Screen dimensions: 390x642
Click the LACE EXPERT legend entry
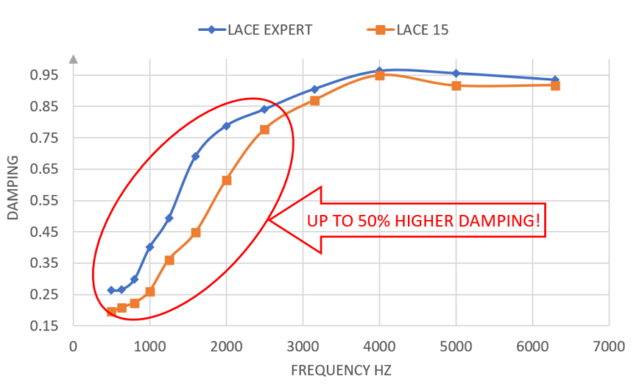coord(256,29)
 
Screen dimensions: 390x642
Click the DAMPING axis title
coord(13,187)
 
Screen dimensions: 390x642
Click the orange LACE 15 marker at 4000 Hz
coord(380,76)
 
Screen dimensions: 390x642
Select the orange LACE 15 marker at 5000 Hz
coord(456,85)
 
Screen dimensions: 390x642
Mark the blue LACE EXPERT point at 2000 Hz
coord(226,126)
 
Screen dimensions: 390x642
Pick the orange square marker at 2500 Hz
coord(264,130)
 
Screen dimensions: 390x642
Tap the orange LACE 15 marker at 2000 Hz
coord(227,180)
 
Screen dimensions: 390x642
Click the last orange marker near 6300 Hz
coord(555,85)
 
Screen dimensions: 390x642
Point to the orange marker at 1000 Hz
coord(150,291)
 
